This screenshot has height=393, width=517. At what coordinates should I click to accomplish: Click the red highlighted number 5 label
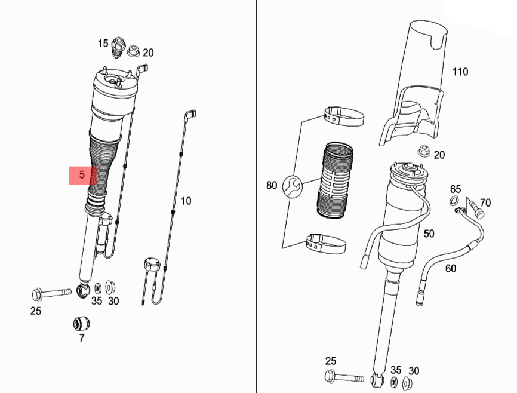click(x=82, y=176)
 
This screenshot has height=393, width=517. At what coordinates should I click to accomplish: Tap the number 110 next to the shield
click(x=460, y=72)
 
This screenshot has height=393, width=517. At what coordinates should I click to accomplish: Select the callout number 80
click(x=272, y=185)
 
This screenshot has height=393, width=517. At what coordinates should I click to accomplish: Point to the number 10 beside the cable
click(x=186, y=201)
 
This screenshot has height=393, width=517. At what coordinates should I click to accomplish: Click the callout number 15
click(x=103, y=43)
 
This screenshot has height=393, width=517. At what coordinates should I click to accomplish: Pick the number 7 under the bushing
click(x=82, y=338)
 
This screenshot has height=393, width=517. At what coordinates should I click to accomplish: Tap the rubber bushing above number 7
click(x=81, y=323)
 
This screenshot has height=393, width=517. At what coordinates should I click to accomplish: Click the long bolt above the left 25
click(x=50, y=294)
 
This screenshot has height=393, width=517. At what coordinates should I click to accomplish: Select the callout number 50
click(x=429, y=234)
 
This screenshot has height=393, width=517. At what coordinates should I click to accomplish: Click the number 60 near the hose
click(x=451, y=268)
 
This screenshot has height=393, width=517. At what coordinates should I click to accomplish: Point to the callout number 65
click(x=456, y=189)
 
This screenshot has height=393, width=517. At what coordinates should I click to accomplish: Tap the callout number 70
click(x=485, y=203)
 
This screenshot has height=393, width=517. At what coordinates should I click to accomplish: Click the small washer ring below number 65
click(x=454, y=201)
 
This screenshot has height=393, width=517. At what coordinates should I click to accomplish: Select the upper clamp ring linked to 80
click(x=344, y=116)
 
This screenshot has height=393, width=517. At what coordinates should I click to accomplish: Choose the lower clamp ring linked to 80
click(x=327, y=244)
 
